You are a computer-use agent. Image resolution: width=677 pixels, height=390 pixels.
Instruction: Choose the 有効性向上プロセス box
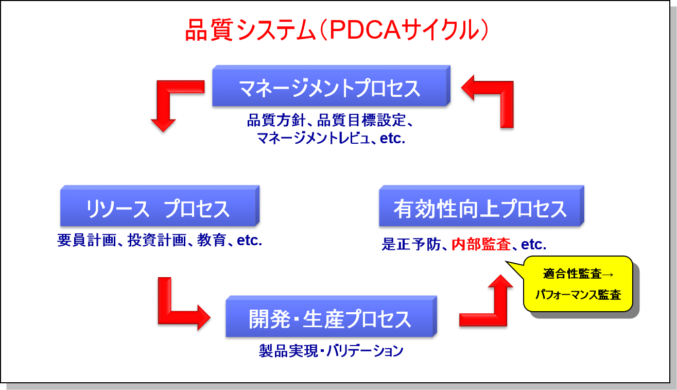click(480, 209)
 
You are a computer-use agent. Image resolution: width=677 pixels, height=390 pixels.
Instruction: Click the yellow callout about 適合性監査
click(578, 284)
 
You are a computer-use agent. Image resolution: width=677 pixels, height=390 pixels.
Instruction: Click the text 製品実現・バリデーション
click(331, 351)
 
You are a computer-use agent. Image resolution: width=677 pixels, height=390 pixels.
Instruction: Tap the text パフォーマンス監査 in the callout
click(578, 295)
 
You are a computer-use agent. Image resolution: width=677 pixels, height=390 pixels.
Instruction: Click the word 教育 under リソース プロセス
click(212, 240)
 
